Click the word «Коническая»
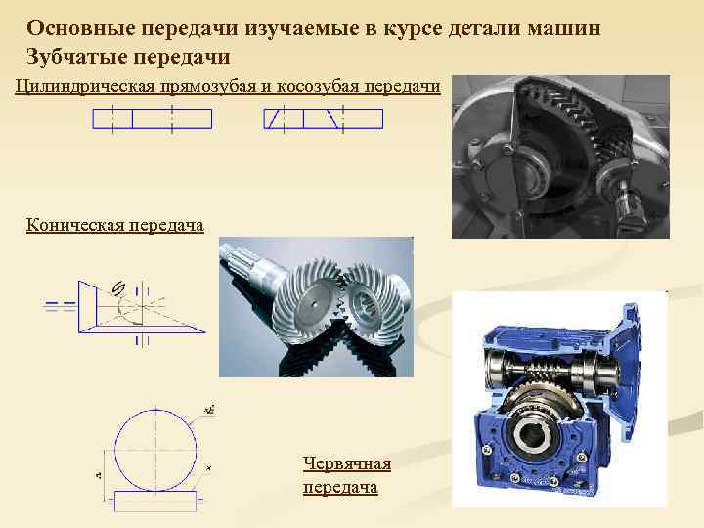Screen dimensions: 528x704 point(71,226)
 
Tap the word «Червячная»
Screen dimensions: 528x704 point(346,463)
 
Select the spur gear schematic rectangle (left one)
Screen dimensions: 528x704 point(152,119)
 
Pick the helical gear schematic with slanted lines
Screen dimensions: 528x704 point(323,119)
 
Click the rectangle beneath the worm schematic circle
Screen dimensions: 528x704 point(156,498)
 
